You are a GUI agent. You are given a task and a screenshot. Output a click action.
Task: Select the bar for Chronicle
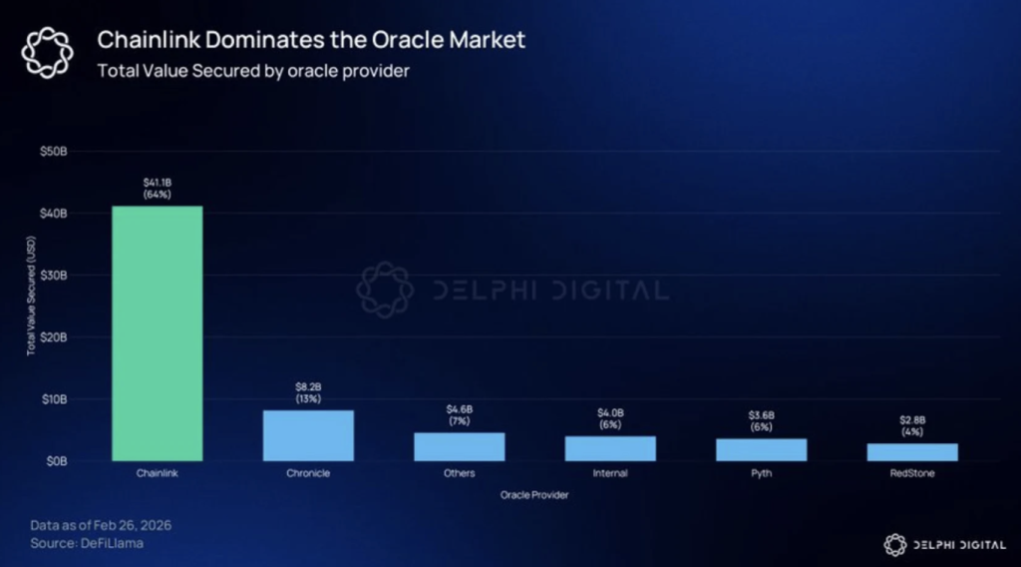tap(308, 435)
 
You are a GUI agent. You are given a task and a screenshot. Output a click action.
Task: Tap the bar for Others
tap(460, 446)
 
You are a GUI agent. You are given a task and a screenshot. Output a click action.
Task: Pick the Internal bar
tap(610, 448)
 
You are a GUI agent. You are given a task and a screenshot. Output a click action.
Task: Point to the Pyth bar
tap(761, 449)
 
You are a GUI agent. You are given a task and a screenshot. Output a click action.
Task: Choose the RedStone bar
tap(912, 452)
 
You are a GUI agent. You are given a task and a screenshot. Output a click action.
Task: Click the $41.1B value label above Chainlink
tap(158, 188)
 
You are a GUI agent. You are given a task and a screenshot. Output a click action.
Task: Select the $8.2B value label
tap(308, 392)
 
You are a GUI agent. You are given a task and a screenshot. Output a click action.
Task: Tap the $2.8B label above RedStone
tap(912, 426)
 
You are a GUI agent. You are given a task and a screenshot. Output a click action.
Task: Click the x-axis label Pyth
tap(761, 473)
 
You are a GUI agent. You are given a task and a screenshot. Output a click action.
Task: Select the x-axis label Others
tap(460, 473)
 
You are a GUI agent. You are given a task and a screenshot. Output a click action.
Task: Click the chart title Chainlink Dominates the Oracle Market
tap(310, 41)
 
